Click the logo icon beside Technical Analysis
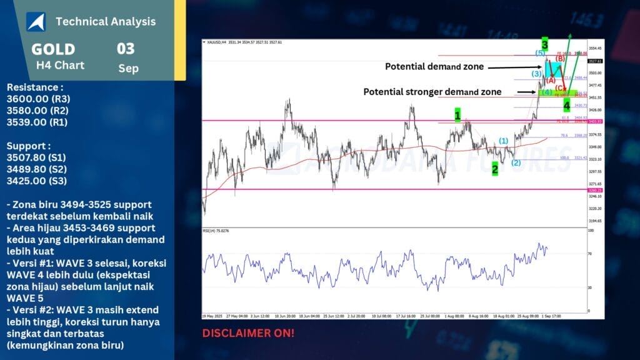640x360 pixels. click(x=35, y=21)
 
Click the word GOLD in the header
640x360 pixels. click(x=53, y=49)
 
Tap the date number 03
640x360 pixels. click(x=126, y=49)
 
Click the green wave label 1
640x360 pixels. click(x=457, y=115)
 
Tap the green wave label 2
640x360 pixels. click(x=495, y=168)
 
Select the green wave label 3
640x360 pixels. click(x=545, y=44)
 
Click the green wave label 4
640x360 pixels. click(x=566, y=105)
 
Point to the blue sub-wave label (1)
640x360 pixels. click(x=503, y=141)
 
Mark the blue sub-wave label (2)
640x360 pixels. click(x=516, y=162)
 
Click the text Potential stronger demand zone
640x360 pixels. click(x=432, y=92)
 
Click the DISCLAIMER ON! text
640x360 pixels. click(x=248, y=333)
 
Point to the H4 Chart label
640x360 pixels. click(x=60, y=65)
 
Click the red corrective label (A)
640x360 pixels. click(x=551, y=80)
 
